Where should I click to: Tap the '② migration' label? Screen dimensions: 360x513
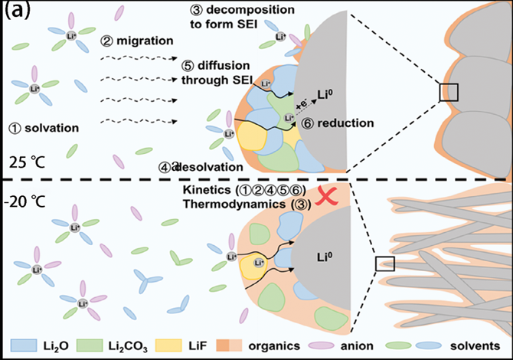135,36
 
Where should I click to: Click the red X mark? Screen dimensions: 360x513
326,198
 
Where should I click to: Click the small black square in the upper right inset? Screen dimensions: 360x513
449,92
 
